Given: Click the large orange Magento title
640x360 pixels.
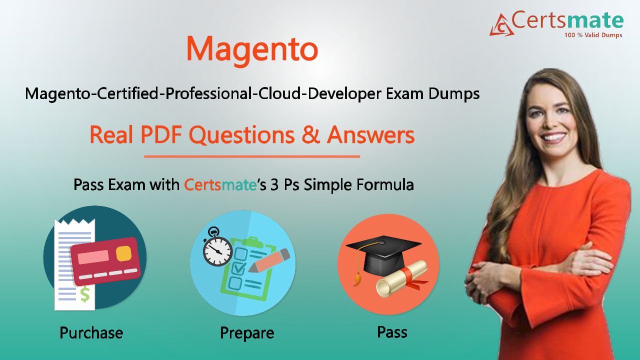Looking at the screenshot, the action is (x=252, y=50).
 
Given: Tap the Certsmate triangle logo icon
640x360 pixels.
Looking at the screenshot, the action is (x=501, y=25).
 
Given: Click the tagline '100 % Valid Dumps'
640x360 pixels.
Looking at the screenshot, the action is (x=593, y=35).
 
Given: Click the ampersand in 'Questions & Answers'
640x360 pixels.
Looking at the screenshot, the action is (x=311, y=135).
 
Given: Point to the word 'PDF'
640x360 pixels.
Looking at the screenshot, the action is (x=161, y=135).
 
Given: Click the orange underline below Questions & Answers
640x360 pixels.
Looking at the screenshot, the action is (x=252, y=156).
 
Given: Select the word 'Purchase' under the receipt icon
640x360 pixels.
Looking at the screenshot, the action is (x=91, y=333).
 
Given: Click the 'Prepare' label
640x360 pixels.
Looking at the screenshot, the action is (x=247, y=333).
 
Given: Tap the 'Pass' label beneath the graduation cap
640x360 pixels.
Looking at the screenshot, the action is (x=392, y=332).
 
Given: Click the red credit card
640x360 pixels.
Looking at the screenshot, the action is (x=105, y=261).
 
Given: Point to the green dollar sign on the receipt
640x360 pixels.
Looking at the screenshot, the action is (x=85, y=294).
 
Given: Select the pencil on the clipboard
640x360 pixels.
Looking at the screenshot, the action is (x=269, y=260).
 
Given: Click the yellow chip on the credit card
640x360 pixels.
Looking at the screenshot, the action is (x=123, y=253).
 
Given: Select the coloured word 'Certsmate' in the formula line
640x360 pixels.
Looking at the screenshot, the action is (x=220, y=184).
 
